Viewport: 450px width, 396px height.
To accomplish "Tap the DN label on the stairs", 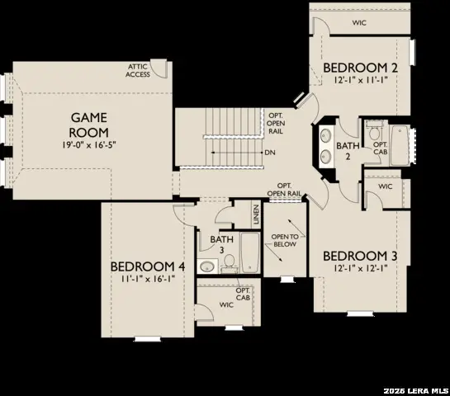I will click(270, 153).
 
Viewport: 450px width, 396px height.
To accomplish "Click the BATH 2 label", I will click(343, 151).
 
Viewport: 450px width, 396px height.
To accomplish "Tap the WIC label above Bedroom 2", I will click(358, 23).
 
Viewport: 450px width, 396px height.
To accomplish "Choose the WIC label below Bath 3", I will click(226, 305).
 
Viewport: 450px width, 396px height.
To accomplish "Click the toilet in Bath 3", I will click(229, 262).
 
